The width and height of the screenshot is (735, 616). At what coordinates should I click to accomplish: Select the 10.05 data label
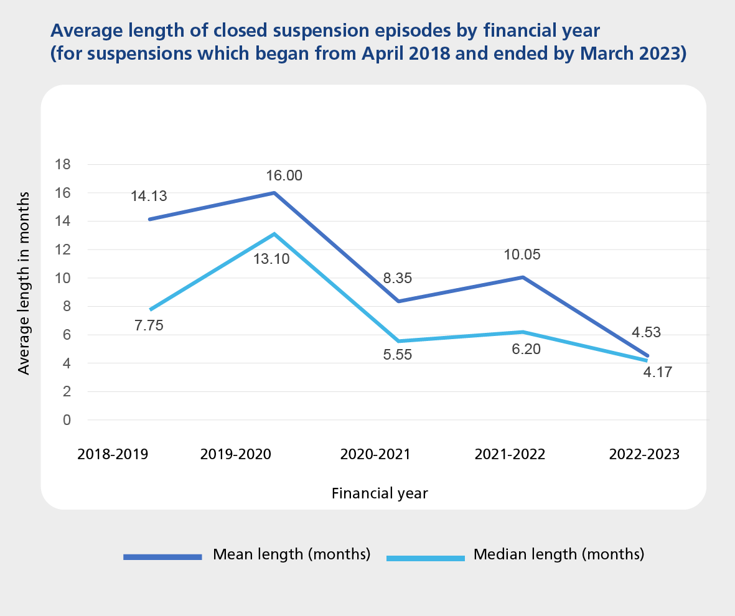pyautogui.click(x=523, y=254)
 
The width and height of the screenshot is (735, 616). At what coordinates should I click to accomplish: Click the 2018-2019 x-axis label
pyautogui.click(x=113, y=454)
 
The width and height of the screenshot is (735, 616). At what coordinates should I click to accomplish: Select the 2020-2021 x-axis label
pyautogui.click(x=375, y=454)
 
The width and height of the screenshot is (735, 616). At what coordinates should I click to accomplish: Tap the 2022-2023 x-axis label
pyautogui.click(x=644, y=454)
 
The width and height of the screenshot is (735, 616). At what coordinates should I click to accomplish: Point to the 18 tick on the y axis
pyautogui.click(x=64, y=165)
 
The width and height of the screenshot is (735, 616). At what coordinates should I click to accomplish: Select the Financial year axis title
pyautogui.click(x=380, y=493)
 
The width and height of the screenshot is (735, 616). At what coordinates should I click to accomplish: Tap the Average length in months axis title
pyautogui.click(x=24, y=283)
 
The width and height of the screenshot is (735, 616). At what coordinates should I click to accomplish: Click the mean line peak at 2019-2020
pyautogui.click(x=274, y=193)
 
